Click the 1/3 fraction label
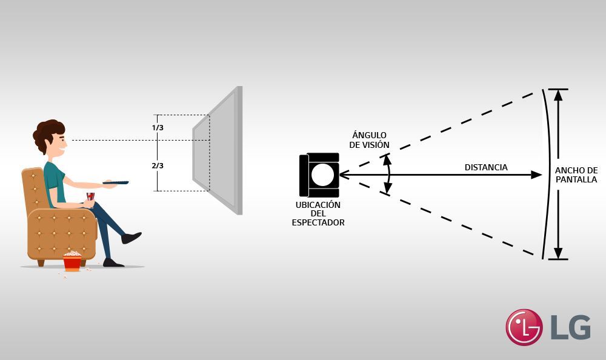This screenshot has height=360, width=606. [158, 128]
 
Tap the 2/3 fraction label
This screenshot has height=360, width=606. [158, 165]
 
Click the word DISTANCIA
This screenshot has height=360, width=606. [486, 167]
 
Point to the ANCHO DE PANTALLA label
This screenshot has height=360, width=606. [576, 175]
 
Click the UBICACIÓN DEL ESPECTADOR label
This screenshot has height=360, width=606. [318, 213]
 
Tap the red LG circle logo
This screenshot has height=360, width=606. [524, 327]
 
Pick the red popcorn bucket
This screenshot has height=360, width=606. [72, 261]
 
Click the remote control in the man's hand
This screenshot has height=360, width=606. [116, 182]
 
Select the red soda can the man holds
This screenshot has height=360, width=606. [90, 197]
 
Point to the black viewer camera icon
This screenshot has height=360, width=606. [319, 175]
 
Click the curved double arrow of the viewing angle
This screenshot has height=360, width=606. [387, 175]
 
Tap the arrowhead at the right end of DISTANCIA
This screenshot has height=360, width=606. [536, 175]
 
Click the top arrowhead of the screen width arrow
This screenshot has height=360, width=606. [558, 95]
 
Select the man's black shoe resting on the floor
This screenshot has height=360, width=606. [113, 262]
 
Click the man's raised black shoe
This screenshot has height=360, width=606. [132, 237]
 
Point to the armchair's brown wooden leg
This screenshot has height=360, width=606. [41, 262]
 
